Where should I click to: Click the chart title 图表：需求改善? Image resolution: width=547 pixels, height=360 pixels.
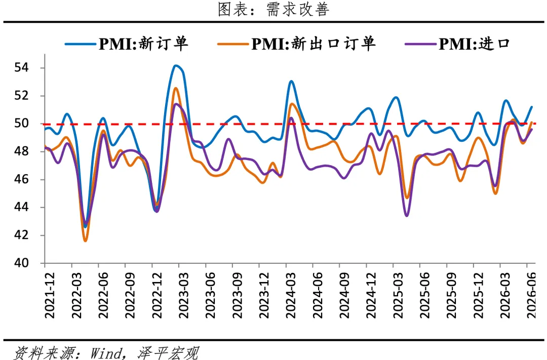point(273,9)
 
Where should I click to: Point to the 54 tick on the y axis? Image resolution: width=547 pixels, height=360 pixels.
point(21,67)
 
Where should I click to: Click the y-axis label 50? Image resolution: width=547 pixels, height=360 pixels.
point(21,123)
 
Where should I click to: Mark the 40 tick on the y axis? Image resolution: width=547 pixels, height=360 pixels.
point(21,263)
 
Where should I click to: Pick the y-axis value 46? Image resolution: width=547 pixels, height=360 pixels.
point(21,179)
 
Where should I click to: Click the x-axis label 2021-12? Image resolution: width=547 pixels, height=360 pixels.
point(50,295)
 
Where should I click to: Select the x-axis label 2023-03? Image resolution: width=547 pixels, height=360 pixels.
point(184,295)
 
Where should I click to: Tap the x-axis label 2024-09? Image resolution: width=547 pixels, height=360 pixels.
point(344,295)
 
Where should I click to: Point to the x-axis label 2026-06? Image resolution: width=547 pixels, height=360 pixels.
point(532,295)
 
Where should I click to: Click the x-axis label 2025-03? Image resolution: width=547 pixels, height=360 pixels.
point(398,295)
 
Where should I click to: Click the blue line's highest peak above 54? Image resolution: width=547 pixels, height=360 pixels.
point(176,66)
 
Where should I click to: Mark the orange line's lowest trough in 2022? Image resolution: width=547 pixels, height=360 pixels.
point(86,241)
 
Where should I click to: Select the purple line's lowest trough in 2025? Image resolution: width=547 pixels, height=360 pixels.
point(407,216)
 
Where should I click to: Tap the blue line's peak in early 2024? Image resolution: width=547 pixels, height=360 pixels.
point(291,82)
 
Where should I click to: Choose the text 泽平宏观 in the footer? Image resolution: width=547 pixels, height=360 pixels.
point(168,353)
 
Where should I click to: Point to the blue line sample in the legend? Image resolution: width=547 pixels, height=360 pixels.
point(80,44)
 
